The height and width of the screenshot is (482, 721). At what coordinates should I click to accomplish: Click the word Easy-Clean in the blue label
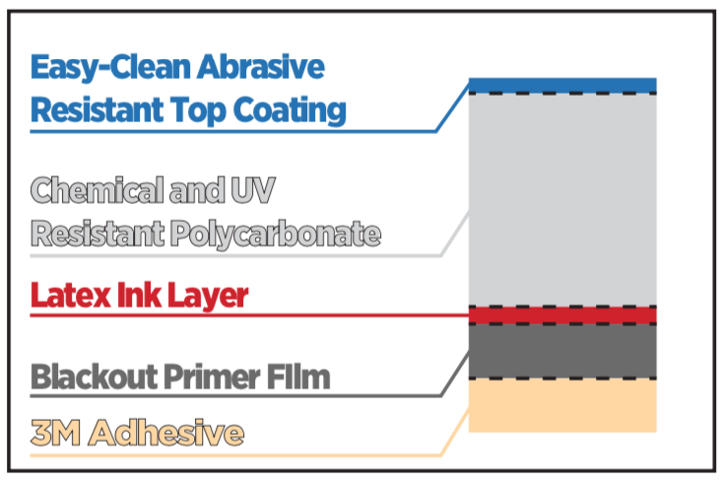(x=111, y=68)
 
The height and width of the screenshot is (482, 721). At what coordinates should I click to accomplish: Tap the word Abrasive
(x=261, y=67)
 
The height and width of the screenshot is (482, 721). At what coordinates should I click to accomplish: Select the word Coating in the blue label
(x=290, y=111)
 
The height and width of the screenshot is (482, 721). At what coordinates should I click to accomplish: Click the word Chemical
(x=98, y=189)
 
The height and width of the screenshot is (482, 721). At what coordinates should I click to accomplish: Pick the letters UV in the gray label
(x=253, y=189)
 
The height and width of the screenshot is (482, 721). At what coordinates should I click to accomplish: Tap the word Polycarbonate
(x=276, y=235)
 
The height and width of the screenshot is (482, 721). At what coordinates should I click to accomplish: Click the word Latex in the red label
(x=71, y=295)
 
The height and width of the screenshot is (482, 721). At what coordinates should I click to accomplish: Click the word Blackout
(x=95, y=377)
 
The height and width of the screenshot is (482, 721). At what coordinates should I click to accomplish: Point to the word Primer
(x=212, y=377)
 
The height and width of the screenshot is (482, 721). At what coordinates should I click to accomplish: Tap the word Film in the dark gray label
(x=298, y=377)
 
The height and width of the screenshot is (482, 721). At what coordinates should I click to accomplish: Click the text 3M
(x=55, y=433)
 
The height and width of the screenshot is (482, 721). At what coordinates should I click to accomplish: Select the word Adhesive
(x=166, y=433)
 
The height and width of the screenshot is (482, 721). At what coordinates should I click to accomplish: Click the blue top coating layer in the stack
(x=562, y=86)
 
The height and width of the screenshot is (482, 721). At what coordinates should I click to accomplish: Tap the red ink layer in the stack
(x=562, y=315)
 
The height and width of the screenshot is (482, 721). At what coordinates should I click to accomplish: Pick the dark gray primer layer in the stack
(x=562, y=351)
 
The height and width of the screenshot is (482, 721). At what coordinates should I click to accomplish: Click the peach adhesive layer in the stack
(x=562, y=405)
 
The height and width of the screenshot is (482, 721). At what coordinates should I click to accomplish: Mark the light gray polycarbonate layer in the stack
(x=562, y=200)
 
